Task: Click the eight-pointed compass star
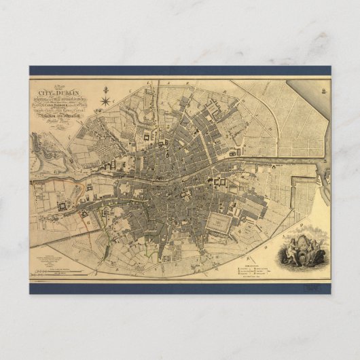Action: [x=106, y=103]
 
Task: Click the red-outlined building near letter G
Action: [x=86, y=216]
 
